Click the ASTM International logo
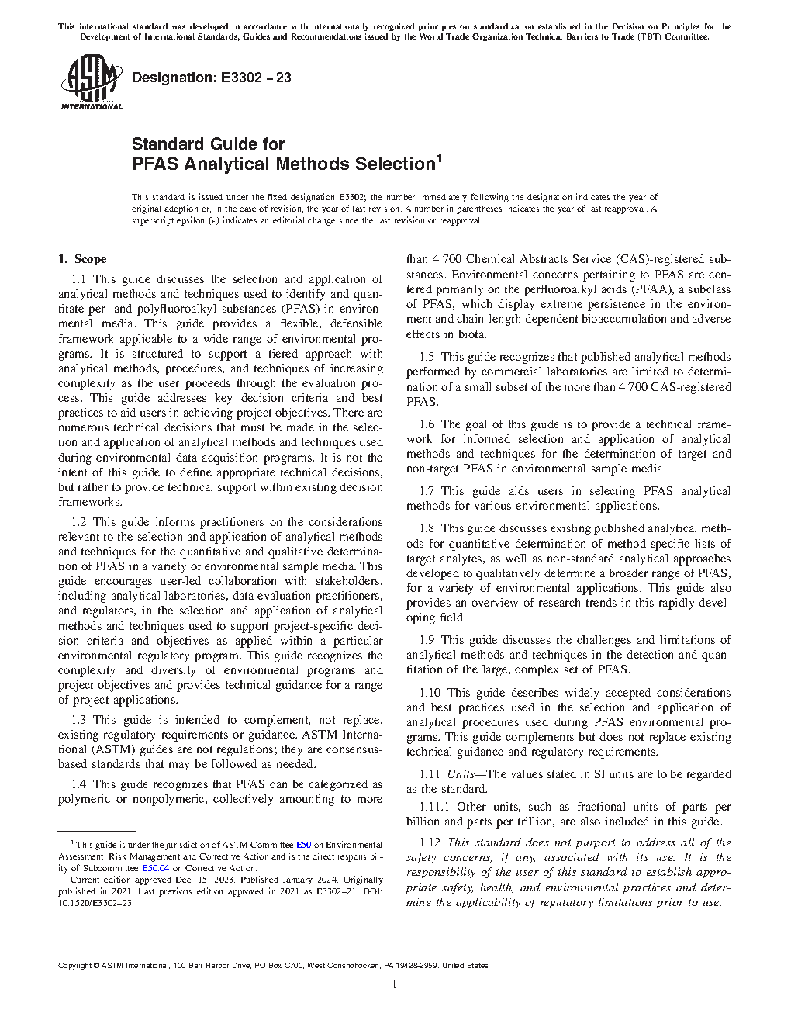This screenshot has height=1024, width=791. (x=92, y=81)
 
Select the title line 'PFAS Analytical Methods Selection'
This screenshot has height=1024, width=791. (x=283, y=164)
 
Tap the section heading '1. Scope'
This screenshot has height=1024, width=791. (x=83, y=259)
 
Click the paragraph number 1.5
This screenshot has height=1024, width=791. (x=427, y=357)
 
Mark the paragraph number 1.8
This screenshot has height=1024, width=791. (x=427, y=528)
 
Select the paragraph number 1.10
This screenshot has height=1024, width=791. (x=430, y=693)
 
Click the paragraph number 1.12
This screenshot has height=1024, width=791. (x=430, y=842)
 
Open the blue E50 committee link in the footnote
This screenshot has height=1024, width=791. (x=303, y=845)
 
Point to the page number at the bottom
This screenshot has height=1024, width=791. (x=395, y=984)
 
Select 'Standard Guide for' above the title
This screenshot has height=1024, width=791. (x=208, y=144)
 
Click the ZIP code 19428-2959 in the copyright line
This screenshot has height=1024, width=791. (x=417, y=966)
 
